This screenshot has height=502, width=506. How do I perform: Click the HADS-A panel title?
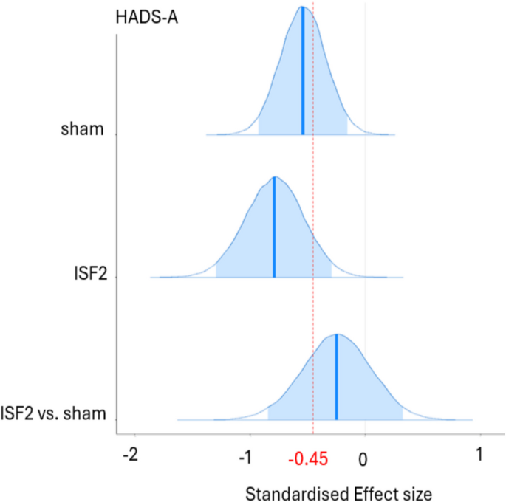[147, 18]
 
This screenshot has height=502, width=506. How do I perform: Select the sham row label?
[83, 129]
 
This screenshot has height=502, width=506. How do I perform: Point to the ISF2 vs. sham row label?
[53, 413]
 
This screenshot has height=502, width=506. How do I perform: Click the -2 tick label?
[131, 455]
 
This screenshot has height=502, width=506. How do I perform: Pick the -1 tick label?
[245, 456]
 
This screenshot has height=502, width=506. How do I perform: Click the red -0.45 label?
[308, 458]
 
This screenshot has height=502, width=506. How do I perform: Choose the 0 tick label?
[363, 460]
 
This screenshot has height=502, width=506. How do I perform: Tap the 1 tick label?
[479, 455]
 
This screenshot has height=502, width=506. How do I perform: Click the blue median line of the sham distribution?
[303, 70]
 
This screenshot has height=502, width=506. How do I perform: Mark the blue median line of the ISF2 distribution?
[274, 227]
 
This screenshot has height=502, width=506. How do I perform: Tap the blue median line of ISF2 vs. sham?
[337, 377]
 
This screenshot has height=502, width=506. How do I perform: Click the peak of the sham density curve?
[302, 6]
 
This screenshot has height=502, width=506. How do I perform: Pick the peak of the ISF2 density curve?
[275, 176]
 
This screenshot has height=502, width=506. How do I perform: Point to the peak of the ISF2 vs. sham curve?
[338, 334]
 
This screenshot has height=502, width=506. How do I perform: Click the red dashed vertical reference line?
[313, 219]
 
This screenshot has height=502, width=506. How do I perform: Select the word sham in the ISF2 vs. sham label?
[84, 413]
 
